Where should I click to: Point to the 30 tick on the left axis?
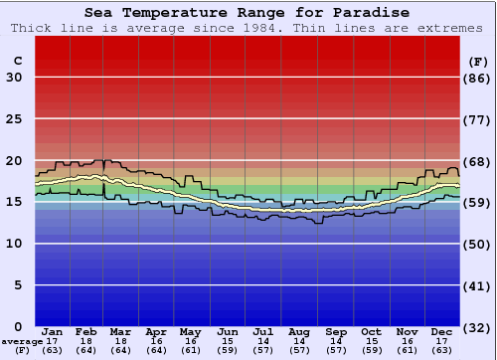pos(13,78)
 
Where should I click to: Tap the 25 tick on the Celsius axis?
pos(13,119)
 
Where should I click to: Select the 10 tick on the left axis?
pos(13,244)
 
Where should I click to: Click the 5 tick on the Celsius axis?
pos(17,285)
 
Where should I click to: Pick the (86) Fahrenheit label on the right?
pos(478,78)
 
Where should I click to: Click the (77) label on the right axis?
pos(478,119)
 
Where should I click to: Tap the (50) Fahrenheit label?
pos(478,244)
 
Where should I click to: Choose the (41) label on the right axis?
pos(478,285)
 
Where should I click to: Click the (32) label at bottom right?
pos(478,327)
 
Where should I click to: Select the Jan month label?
pos(53,331)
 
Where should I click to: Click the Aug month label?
pos(299,331)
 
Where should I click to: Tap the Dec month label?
pos(442,331)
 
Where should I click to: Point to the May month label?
pos(189,331)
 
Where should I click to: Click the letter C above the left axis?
pos(17,61)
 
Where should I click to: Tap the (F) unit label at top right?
pos(478,61)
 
